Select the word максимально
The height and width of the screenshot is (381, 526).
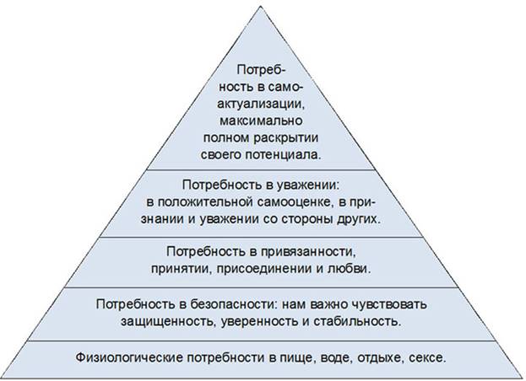[261, 121]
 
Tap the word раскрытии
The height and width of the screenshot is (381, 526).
[286, 138]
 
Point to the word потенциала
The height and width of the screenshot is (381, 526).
[283, 155]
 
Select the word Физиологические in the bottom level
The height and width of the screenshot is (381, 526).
[129, 358]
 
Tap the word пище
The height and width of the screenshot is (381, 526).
[298, 358]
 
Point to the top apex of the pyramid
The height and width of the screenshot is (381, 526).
[261, 7]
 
